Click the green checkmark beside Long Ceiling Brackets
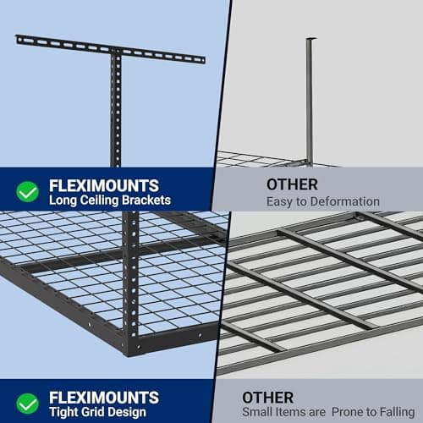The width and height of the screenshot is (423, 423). (28, 192)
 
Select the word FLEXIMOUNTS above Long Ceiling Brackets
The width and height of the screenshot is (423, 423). (103, 184)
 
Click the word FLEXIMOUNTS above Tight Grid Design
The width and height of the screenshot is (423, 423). (103, 397)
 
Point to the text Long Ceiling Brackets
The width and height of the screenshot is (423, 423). (110, 201)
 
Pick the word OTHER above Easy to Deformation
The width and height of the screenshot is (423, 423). (269, 184)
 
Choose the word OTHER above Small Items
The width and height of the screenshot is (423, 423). (269, 397)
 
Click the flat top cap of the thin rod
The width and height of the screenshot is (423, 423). (310, 38)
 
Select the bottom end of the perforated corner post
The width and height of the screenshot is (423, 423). (131, 349)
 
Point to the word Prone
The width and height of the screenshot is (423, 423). (347, 412)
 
